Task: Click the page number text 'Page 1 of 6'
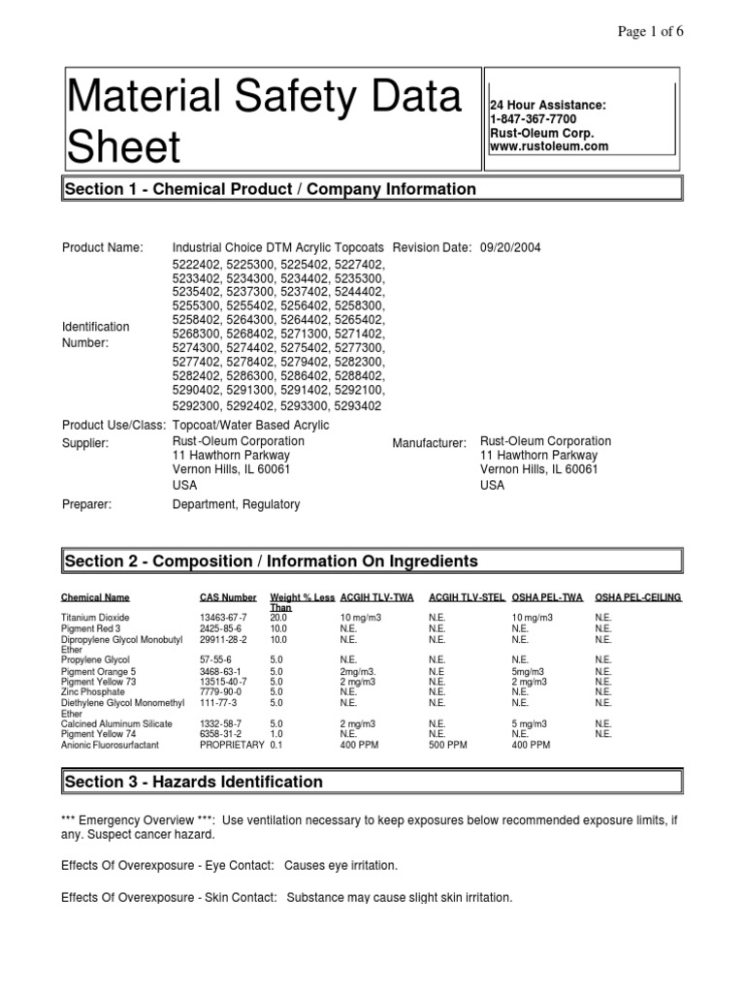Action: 651,30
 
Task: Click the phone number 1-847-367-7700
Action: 533,118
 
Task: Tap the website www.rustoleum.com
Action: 549,146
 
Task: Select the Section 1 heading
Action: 270,189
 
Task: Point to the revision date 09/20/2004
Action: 510,248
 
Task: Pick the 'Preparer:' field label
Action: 87,504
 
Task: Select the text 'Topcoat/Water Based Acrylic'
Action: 250,425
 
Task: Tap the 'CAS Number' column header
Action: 228,598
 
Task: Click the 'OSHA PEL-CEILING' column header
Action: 637,598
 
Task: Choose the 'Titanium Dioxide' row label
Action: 95,618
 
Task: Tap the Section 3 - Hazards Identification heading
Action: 193,782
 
